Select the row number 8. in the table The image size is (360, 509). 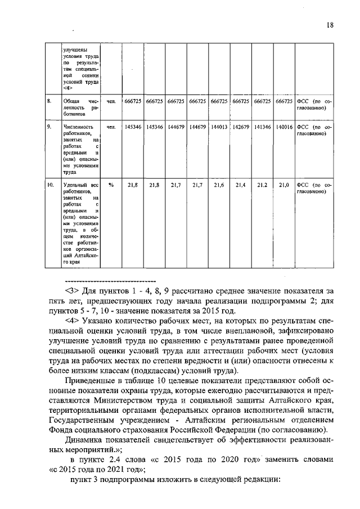tap(50, 101)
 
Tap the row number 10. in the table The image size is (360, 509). tap(51, 184)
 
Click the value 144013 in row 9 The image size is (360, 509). tap(219, 127)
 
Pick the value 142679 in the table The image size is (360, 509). tap(241, 127)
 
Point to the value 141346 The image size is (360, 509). tap(262, 127)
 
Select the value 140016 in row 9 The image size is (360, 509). tap(283, 127)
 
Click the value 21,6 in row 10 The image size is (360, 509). tap(219, 184)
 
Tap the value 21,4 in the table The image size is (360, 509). tap(241, 184)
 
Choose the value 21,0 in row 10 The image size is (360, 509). tap(283, 184)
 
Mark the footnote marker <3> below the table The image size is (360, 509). tap(73, 291)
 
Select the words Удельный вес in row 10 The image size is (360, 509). tap(82, 184)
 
